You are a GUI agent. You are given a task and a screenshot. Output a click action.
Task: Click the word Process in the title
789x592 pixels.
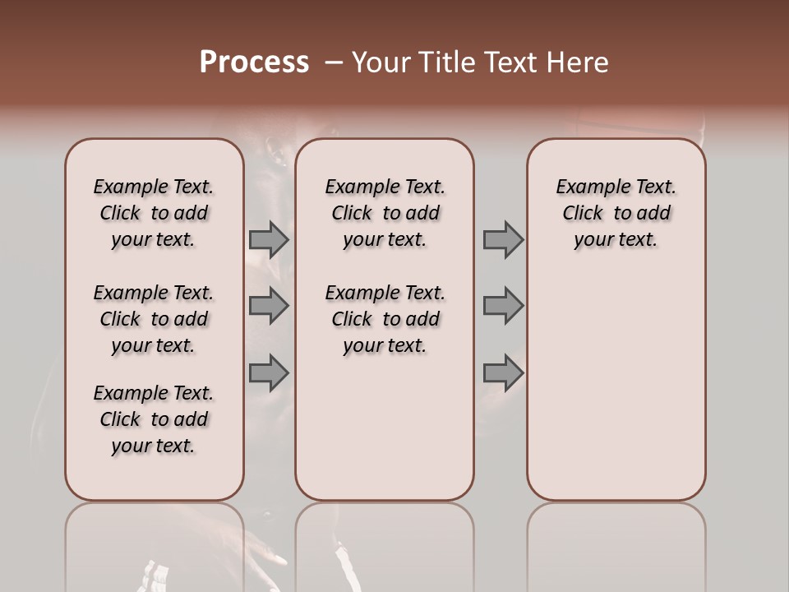click(x=254, y=62)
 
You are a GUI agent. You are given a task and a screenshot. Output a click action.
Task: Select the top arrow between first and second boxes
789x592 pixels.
click(x=268, y=239)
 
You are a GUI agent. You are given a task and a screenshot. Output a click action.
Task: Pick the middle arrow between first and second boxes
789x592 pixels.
click(x=268, y=306)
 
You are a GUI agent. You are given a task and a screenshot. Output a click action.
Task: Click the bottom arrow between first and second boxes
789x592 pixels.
click(x=268, y=373)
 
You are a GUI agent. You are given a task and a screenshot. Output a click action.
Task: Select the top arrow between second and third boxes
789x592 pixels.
click(x=503, y=239)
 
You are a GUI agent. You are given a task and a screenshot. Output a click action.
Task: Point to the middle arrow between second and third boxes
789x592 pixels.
click(x=503, y=306)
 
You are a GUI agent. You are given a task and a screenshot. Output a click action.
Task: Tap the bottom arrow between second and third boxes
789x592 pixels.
click(x=503, y=373)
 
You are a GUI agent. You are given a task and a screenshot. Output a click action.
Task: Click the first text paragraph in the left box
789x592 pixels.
click(x=154, y=213)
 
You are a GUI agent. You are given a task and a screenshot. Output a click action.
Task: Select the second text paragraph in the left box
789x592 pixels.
click(x=154, y=319)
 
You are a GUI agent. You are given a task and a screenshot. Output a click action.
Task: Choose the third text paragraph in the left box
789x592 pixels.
click(x=154, y=419)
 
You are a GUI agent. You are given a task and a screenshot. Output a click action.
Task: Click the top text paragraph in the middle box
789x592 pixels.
click(x=385, y=213)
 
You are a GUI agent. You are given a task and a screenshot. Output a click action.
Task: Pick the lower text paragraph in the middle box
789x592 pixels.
click(x=385, y=319)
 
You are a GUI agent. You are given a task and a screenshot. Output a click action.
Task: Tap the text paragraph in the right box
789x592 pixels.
click(x=616, y=213)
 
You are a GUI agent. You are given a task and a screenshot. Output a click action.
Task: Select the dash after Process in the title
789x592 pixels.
click(x=333, y=62)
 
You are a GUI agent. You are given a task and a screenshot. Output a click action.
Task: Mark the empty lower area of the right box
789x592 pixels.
click(x=616, y=386)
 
